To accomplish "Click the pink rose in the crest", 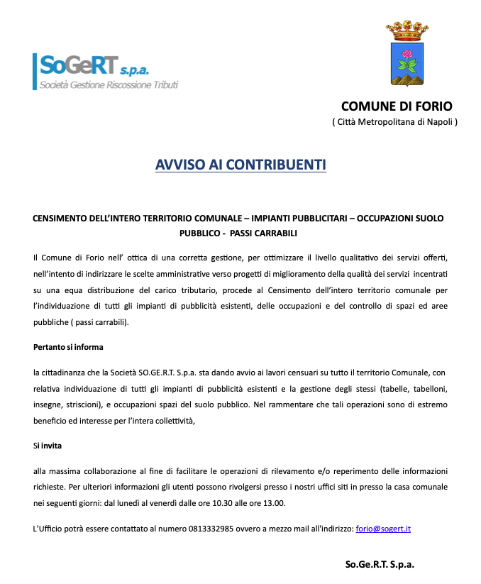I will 407,55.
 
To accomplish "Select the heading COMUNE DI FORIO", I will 397,106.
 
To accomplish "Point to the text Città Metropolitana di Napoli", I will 395,122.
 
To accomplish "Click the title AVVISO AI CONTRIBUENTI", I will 240,165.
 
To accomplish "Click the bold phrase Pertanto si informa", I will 68,347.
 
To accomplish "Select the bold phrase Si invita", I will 48,446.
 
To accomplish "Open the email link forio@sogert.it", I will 383,529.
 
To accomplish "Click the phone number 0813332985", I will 211,529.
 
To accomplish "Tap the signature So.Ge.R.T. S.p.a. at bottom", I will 380,564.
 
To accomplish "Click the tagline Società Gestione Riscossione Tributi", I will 109,85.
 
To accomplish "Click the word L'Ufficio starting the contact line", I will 50,529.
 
